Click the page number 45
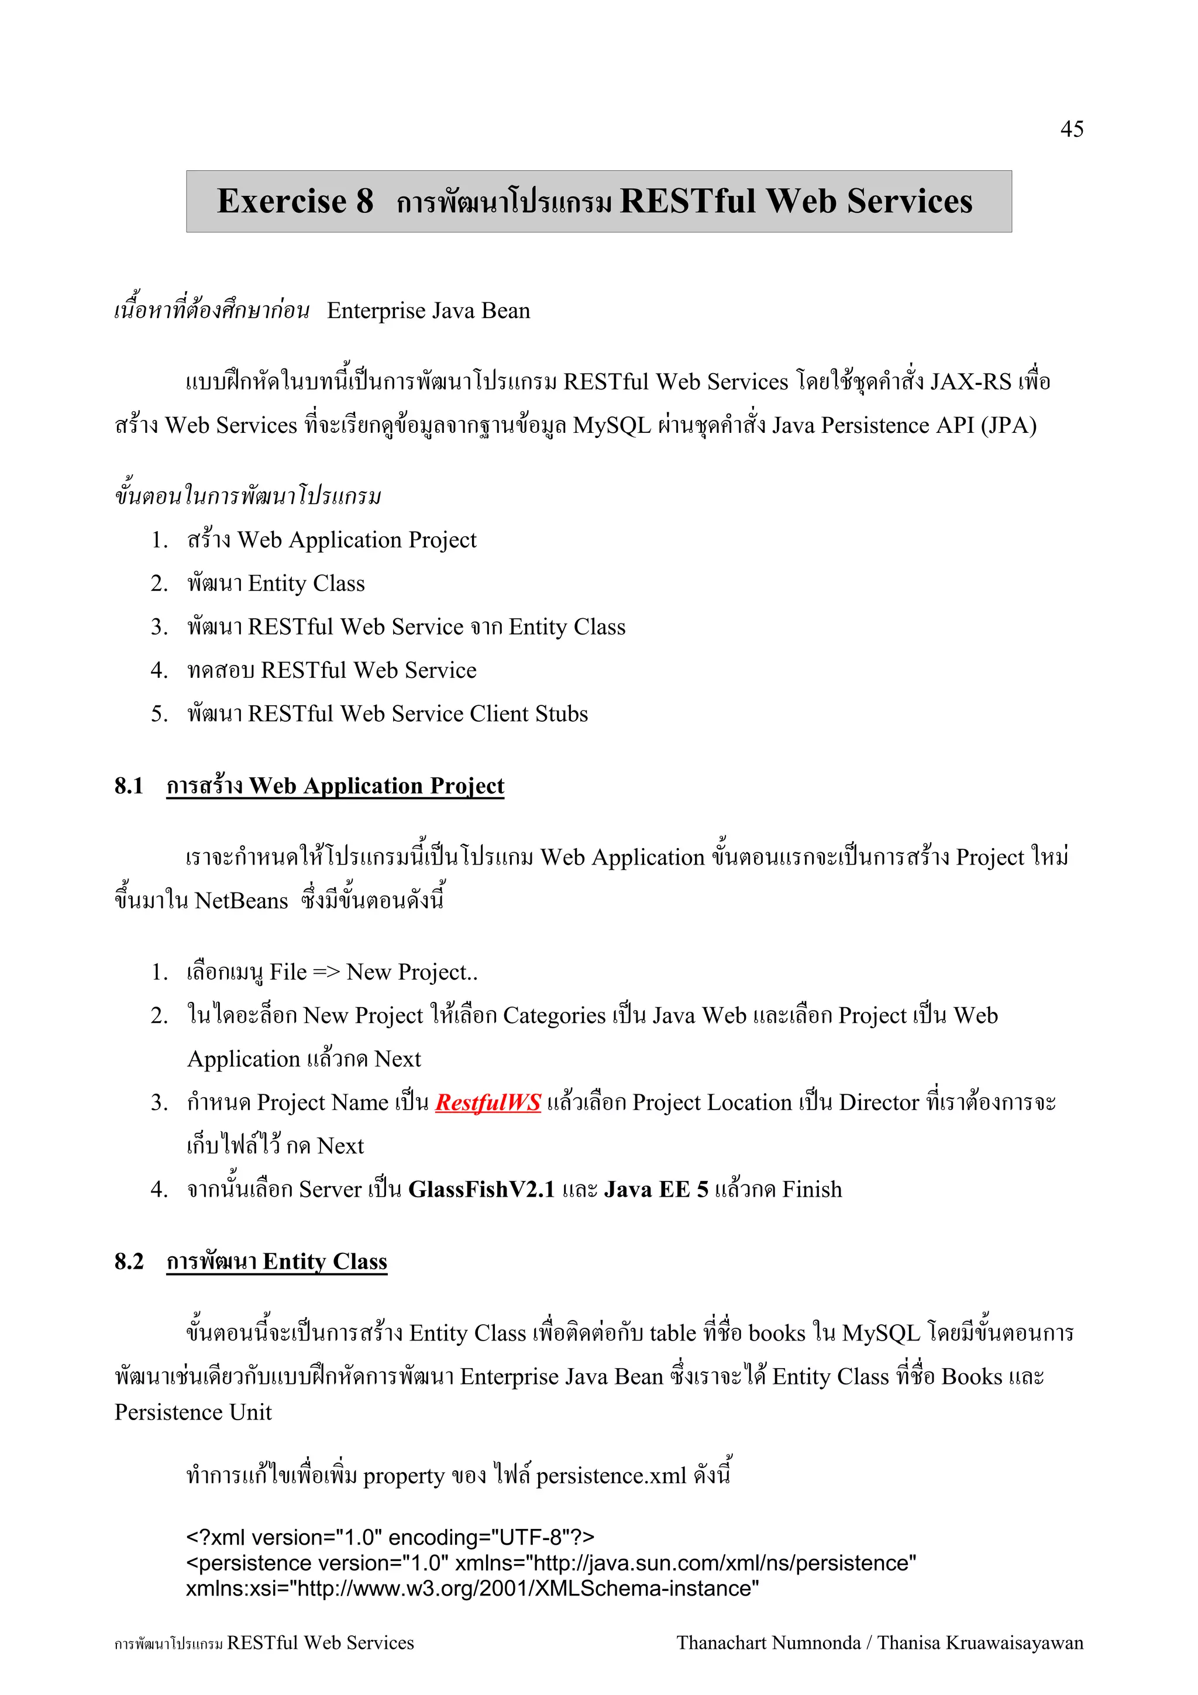[x=1071, y=129]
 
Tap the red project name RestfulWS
[x=488, y=1102]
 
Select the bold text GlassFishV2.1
[x=480, y=1189]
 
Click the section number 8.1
[x=129, y=786]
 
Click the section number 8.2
[x=129, y=1262]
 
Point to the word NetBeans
[x=242, y=901]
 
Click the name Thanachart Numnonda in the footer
[x=767, y=1642]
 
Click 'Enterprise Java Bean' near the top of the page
[x=428, y=311]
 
